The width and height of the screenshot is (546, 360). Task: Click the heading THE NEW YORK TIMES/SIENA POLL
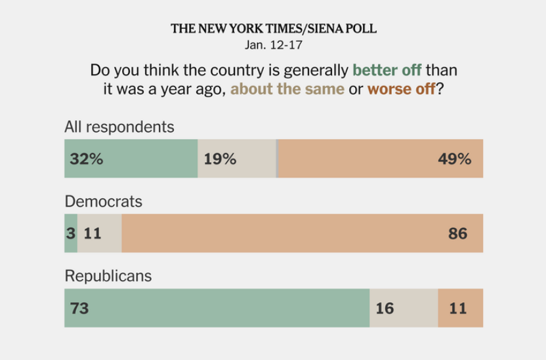coord(273,29)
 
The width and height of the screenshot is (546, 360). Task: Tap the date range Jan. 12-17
coord(273,46)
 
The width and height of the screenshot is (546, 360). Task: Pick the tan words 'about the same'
coord(287,89)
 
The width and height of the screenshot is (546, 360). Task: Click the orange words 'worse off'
coord(401,89)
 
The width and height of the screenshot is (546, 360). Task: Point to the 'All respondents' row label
coord(119,127)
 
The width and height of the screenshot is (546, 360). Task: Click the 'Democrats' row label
coord(103,201)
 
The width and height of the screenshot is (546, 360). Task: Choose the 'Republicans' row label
coord(108,276)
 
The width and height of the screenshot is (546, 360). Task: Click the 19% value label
coord(220,159)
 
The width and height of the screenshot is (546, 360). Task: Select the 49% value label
coord(455,159)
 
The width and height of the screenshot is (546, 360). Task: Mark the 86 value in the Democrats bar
coord(457,233)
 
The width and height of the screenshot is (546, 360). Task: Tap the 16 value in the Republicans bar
coord(386,308)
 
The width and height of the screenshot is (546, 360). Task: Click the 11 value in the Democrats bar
coord(93,233)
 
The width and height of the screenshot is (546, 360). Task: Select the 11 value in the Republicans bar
coord(457,308)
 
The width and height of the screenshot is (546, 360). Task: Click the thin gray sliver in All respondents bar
coord(277,159)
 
